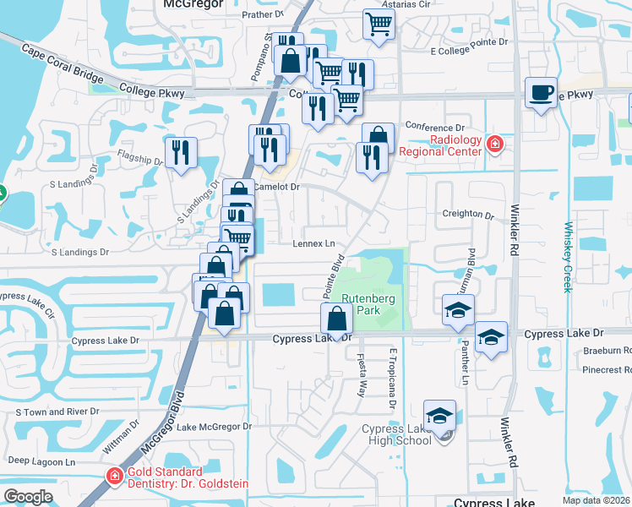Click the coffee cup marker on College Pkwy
[x=541, y=93]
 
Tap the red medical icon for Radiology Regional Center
[x=495, y=145]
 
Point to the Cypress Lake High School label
[x=396, y=434]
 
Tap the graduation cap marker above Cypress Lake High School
[x=439, y=416]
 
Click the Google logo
[x=28, y=496]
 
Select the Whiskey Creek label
[x=569, y=257]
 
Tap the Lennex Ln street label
[x=314, y=243]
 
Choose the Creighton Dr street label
[x=466, y=215]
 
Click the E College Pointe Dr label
[x=469, y=52]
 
